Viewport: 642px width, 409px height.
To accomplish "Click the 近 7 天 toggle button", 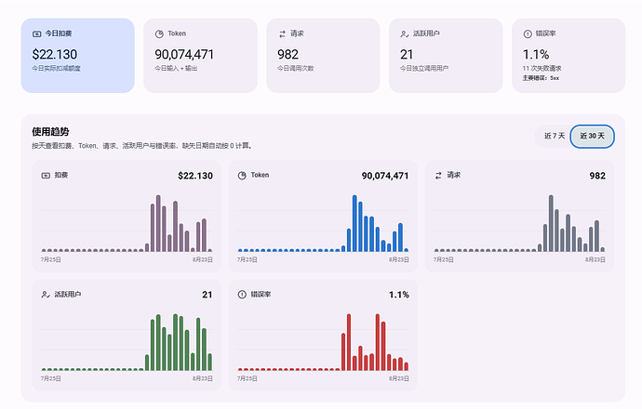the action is coord(555,136).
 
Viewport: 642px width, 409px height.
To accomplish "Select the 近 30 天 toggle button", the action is coord(592,136).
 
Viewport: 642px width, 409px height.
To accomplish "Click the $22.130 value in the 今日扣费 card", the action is coord(55,55).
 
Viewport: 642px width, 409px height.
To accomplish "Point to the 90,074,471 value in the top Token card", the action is coord(184,55).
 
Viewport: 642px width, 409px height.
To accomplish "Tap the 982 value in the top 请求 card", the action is coord(288,55).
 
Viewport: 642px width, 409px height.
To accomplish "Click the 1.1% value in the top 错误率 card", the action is coord(536,55).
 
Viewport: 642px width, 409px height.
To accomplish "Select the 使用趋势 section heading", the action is coord(50,132).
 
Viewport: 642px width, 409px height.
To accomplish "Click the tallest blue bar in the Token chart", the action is coord(354,223).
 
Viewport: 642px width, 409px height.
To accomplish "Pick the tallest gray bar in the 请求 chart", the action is coord(551,223).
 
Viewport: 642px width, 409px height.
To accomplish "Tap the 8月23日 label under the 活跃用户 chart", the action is coord(203,378).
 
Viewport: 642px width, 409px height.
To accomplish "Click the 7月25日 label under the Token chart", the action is coord(247,259).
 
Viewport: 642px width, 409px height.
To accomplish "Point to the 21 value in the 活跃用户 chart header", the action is coord(207,295).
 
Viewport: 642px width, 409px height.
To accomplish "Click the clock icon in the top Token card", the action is coord(159,34).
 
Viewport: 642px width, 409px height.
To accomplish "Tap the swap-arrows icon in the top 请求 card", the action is coord(282,34).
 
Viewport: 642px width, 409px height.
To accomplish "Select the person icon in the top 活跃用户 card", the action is coord(405,34).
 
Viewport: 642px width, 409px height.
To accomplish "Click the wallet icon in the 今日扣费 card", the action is coord(36,34).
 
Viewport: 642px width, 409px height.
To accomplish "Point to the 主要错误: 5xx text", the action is coord(541,78).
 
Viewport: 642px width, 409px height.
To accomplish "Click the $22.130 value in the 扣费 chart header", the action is coord(195,176).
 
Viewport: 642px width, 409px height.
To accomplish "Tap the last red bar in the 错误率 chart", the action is coord(407,366).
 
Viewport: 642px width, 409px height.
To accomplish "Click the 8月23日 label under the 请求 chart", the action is coord(595,259).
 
